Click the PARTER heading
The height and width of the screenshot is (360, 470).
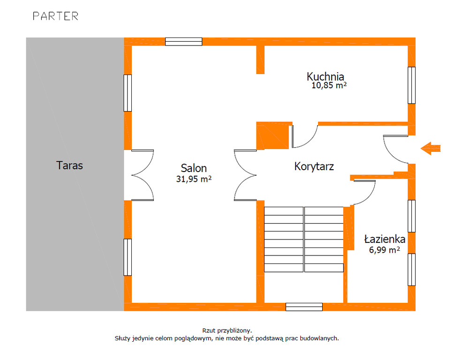coord(55,16)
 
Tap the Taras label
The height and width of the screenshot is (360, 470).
coord(69,165)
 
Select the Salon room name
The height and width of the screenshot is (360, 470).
coord(194,168)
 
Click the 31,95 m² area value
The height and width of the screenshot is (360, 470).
coord(194,179)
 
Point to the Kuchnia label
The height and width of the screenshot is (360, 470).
coord(325,76)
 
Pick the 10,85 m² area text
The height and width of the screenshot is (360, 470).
coord(329,85)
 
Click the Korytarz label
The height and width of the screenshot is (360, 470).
coord(314,166)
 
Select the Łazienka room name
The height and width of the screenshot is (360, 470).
coord(385,239)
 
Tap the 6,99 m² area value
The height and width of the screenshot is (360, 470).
coord(384,249)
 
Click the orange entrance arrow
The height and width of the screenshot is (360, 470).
coord(431,148)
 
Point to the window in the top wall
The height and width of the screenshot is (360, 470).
coord(184,42)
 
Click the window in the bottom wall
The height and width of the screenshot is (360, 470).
coord(304,307)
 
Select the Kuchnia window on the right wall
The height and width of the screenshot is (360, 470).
coord(411,85)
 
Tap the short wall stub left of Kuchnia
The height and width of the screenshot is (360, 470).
coord(260,60)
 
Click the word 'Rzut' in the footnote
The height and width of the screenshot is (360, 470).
coord(209,330)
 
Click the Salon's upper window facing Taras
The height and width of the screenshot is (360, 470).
coord(128,93)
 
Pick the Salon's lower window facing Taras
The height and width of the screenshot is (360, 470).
coord(128,257)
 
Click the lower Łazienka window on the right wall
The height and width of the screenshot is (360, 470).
coord(411,270)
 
